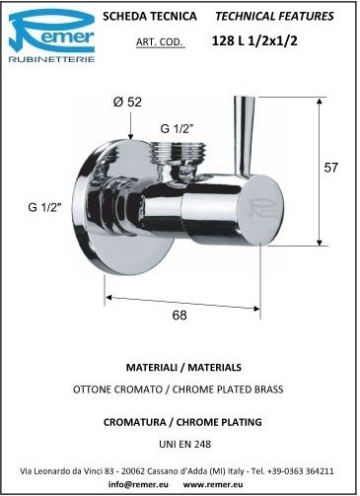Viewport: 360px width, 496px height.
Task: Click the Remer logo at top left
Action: point(51,35)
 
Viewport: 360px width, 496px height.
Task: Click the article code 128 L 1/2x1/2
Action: point(254,40)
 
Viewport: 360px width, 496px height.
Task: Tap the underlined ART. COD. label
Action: point(159,42)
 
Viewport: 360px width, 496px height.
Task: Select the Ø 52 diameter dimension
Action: point(127,102)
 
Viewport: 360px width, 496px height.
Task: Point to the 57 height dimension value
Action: point(330,168)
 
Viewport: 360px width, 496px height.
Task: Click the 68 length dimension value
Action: point(180,316)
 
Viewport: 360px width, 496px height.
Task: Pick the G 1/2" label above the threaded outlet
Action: point(177,128)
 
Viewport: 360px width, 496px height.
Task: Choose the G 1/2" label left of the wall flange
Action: point(45,207)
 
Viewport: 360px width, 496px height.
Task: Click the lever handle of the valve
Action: point(245,136)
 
